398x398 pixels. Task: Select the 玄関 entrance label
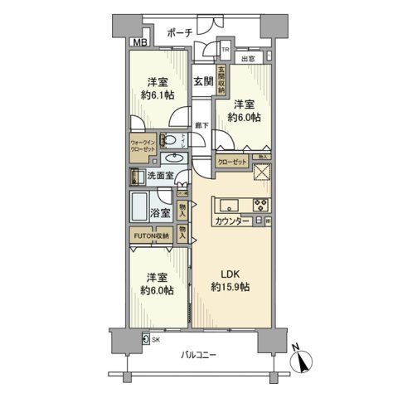(204, 81)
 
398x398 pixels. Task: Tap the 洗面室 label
(160, 176)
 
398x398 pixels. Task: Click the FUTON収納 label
(150, 236)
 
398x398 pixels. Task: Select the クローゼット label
(233, 163)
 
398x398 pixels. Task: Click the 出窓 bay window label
(247, 59)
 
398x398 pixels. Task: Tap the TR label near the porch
(223, 50)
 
